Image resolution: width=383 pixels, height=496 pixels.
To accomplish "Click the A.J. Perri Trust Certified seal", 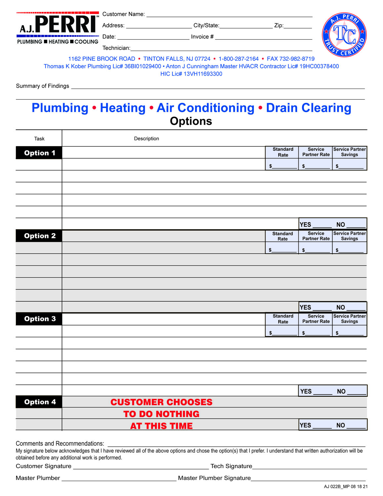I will coord(344,35).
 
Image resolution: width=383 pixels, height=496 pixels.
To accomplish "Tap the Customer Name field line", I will coord(229,15).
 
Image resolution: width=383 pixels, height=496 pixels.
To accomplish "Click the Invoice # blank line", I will coord(263,37).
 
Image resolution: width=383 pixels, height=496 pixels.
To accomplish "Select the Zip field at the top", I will coord(297,26).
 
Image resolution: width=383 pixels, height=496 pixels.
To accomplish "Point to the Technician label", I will coord(116,48).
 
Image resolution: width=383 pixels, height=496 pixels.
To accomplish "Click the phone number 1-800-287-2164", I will coord(239,59).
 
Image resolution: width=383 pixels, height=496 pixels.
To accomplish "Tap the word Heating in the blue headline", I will coord(123,108).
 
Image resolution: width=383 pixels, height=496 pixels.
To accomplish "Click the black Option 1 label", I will coord(39,153).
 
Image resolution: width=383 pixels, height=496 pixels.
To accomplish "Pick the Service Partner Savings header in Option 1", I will coord(349,152).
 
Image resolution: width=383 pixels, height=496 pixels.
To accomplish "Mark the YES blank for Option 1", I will coord(322,225).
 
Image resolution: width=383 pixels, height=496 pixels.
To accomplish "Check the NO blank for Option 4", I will coord(356,426).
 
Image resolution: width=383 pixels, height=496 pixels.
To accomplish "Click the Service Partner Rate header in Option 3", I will coord(316,319).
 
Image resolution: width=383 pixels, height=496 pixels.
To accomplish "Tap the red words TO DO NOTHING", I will coord(161,414).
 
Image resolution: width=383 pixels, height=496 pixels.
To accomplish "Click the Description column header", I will coord(146,139).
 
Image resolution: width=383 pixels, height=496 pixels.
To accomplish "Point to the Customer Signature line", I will coord(141,467).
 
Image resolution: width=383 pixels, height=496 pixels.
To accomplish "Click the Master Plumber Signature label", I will coord(214,478).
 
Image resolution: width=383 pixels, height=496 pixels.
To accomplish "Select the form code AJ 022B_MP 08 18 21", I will coord(346,487).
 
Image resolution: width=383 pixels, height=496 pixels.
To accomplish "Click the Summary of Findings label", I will coord(43,86).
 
